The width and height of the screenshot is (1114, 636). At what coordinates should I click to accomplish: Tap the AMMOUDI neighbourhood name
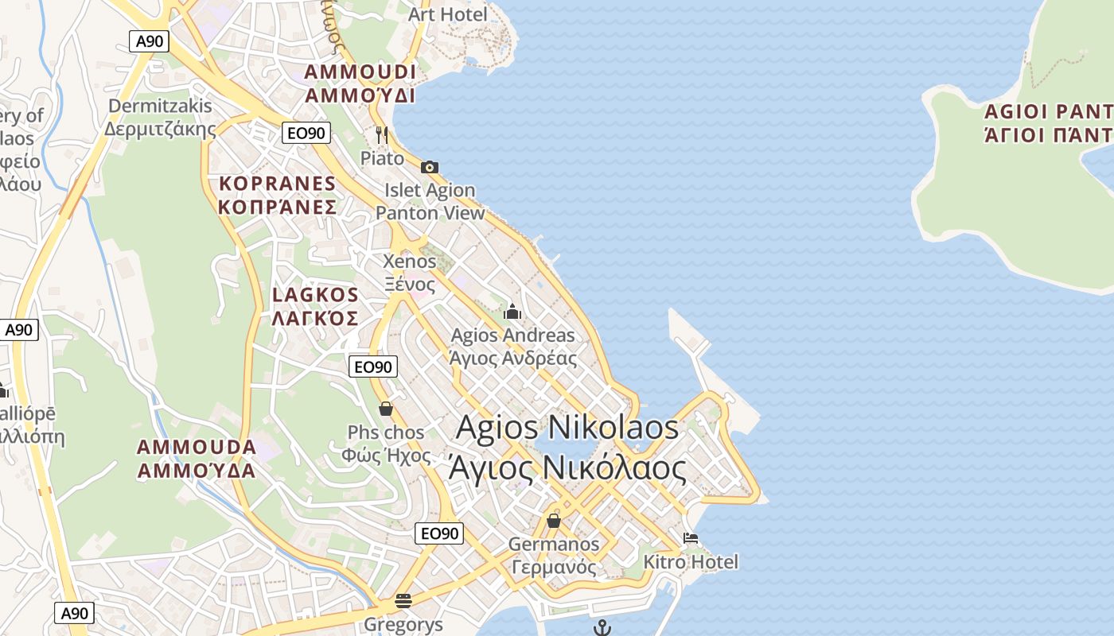coord(360,83)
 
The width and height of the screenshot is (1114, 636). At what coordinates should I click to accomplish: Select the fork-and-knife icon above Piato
coord(382,134)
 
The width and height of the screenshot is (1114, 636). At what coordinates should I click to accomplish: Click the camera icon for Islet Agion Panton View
coord(430,167)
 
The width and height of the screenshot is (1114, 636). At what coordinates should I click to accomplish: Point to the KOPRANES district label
coord(278,195)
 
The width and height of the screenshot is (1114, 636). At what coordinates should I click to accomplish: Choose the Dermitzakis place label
coord(160,117)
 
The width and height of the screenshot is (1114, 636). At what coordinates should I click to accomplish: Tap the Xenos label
coord(410,272)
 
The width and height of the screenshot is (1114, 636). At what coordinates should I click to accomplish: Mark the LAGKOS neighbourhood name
coord(315,306)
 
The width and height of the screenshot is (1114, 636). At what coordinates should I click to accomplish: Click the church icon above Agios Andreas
coord(512,312)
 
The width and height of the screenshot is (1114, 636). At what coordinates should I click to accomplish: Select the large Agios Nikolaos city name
coord(567,448)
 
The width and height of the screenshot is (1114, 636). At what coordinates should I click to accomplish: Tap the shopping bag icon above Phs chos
coord(386,409)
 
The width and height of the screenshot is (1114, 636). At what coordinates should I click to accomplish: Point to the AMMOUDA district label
coord(197,458)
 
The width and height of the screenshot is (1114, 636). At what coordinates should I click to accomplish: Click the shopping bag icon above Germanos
coord(554,521)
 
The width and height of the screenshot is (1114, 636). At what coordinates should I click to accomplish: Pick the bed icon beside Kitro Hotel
coord(691,538)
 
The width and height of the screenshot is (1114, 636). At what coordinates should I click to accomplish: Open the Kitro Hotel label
coord(691,562)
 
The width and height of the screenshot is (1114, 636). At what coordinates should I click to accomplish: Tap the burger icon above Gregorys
coord(403,599)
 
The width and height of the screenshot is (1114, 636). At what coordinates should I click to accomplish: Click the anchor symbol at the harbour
coord(602,628)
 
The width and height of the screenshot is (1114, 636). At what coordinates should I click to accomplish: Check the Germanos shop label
coord(554,555)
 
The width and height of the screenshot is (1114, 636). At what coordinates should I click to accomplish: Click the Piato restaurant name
coord(383,158)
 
